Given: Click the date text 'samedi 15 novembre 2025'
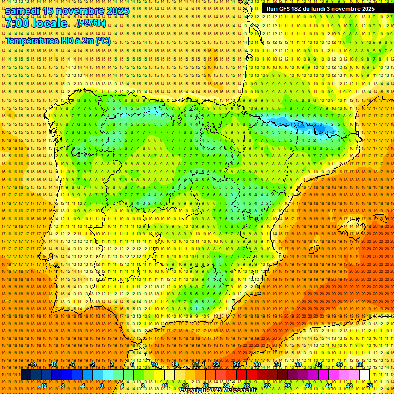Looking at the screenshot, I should coord(67,11).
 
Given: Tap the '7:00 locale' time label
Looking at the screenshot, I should coord(36,23).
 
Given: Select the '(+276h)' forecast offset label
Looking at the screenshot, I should coord(91,23).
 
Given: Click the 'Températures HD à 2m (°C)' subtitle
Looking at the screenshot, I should coord(58,41).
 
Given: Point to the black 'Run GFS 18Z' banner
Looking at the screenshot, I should coord(321,9).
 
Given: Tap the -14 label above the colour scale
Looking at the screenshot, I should coord(34,364).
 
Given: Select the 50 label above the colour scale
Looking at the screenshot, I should coord(360,364).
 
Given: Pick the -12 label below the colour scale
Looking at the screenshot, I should coord(44,386).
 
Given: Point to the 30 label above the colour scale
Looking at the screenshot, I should coord(257,364).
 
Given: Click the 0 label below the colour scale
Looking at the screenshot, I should coord(102,386).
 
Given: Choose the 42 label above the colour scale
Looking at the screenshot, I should coord(319,364).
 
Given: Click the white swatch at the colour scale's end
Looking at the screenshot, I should coord(365,375).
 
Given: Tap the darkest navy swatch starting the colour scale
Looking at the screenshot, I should coord(26,375).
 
